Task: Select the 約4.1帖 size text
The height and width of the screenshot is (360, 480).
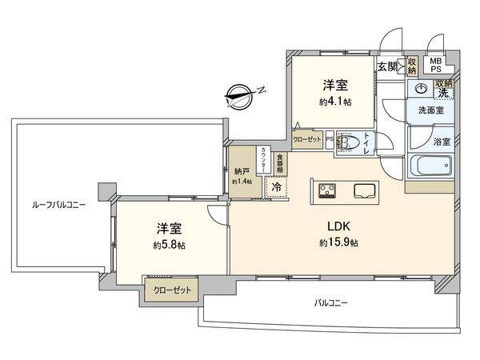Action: (x=336, y=102)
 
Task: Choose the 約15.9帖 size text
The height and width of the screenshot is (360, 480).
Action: (x=338, y=242)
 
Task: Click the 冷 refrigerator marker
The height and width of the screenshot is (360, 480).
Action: (x=276, y=187)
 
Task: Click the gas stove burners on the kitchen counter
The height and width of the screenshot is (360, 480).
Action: (x=328, y=190)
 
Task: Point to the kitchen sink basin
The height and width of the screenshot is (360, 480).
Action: (x=365, y=191)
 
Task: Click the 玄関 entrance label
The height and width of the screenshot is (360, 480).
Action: (x=388, y=66)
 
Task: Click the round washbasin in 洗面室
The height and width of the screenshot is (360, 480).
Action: (x=422, y=90)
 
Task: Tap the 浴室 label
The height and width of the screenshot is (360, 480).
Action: (x=442, y=142)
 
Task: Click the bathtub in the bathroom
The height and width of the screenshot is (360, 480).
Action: (x=431, y=169)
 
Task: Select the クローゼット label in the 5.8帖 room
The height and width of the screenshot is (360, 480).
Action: (x=172, y=291)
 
